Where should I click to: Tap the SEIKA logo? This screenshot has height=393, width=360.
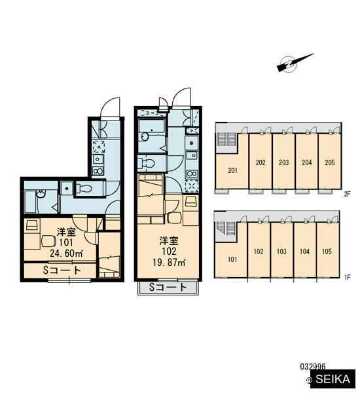pos(333,379)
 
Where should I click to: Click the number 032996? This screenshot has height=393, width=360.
pos(313,367)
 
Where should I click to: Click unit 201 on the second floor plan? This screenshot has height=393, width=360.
pos(232,170)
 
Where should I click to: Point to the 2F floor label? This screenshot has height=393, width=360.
pos(347,194)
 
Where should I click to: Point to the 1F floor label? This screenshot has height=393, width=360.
pos(347,277)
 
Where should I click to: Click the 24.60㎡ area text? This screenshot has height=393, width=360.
pos(66,253)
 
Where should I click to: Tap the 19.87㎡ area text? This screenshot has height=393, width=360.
pos(169,263)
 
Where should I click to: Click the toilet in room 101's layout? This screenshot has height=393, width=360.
pos(84,188)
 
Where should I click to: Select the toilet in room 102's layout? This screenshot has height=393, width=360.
pos(146,163)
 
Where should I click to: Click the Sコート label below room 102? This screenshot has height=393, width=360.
pos(168,288)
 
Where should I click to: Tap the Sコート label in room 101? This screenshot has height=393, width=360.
pos(62,270)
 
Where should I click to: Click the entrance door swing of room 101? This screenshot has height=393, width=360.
pos(110,107)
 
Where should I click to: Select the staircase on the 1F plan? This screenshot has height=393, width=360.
pos(227,229)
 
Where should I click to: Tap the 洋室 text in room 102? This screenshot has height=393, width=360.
pos(169,241)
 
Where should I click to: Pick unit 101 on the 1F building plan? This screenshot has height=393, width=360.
pos(231,259)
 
